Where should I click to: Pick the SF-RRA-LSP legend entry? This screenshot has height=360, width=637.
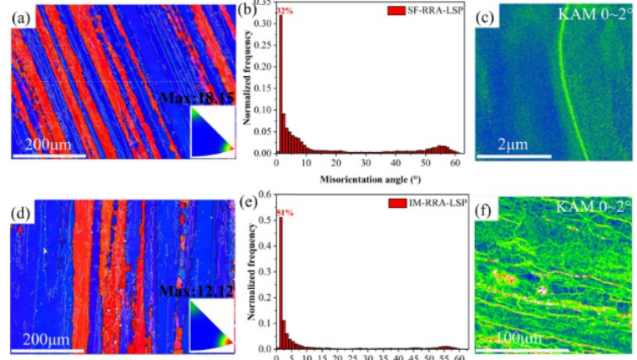coord(422,11)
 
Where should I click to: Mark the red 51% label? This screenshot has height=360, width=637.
coord(284,212)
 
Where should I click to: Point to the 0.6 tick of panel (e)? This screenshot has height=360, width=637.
coord(267,200)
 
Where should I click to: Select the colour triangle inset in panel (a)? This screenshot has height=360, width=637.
coord(210,131)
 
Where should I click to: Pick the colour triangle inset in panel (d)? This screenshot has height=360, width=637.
coord(210,327)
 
